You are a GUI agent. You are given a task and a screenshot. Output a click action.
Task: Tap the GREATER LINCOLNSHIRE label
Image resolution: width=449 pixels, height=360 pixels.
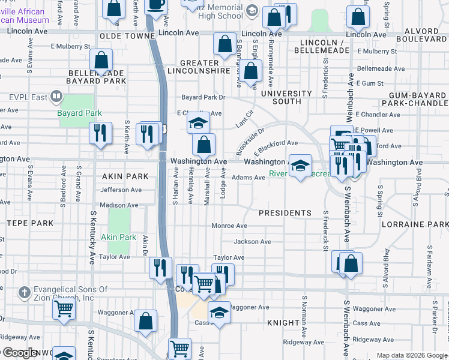pos(205,67)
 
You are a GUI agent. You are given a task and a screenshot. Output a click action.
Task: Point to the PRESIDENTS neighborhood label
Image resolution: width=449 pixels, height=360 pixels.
pos(285,213)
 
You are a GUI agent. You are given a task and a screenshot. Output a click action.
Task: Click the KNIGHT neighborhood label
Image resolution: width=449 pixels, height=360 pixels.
pos(283,323)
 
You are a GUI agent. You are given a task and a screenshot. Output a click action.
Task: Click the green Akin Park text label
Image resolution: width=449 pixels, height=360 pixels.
pos(118,237)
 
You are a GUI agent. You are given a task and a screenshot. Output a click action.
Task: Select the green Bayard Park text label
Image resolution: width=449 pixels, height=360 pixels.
pos(79,113)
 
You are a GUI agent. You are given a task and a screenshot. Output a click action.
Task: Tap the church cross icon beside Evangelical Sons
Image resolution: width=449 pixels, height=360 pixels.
pos(23,293)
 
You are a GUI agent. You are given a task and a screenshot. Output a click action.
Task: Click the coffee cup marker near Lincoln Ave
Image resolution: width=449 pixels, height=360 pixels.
pos(156,5)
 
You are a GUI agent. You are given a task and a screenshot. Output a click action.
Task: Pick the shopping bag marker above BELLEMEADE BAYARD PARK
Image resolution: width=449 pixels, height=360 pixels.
pos(101,61)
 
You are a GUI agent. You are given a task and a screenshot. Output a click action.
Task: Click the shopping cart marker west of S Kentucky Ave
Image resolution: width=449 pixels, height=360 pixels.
pos(64,309)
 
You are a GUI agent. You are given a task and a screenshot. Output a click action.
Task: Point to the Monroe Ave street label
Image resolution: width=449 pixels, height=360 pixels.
pos(229,226)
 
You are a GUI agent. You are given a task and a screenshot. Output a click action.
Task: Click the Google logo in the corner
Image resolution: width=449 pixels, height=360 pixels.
pos(19,353)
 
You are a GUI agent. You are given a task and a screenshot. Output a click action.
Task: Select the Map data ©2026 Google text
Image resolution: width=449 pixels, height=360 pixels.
pos(412,355)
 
